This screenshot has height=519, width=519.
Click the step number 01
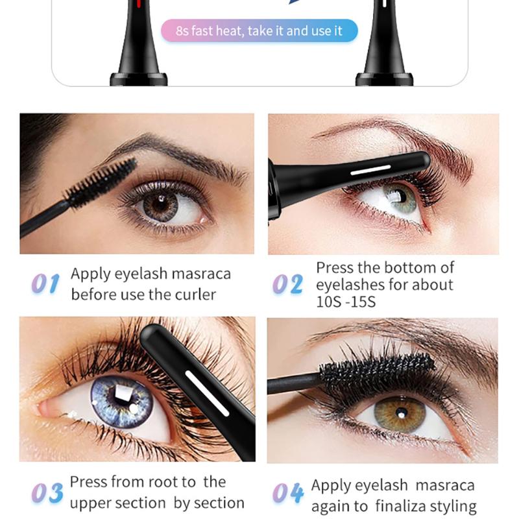click(45, 284)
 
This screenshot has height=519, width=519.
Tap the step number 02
click(287, 284)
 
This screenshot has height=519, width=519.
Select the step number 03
click(47, 492)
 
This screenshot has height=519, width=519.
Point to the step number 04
click(287, 493)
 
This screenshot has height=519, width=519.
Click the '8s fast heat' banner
click(259, 30)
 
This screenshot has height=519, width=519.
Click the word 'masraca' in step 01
click(201, 274)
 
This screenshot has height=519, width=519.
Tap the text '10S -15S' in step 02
click(346, 302)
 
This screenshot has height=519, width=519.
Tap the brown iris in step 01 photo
click(160, 205)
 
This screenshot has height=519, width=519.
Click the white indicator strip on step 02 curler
click(370, 170)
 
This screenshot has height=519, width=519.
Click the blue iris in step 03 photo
click(122, 402)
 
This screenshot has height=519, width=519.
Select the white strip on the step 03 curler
click(207, 393)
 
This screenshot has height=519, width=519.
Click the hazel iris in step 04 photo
click(400, 414)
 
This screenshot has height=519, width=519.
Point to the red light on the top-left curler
click(139, 4)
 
